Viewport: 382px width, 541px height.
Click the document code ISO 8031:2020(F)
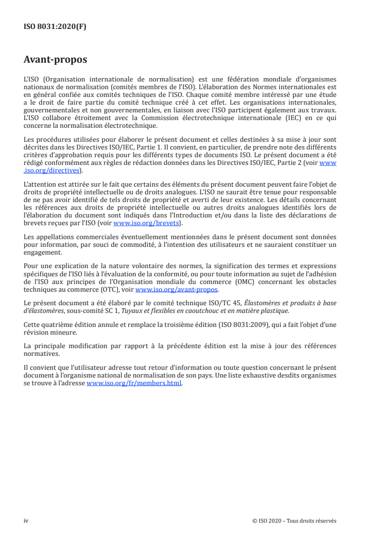tap(55, 27)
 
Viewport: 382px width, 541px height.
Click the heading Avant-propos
tap(55, 60)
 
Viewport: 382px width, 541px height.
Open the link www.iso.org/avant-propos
tap(177, 290)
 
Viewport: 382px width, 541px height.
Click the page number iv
tap(26, 520)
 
